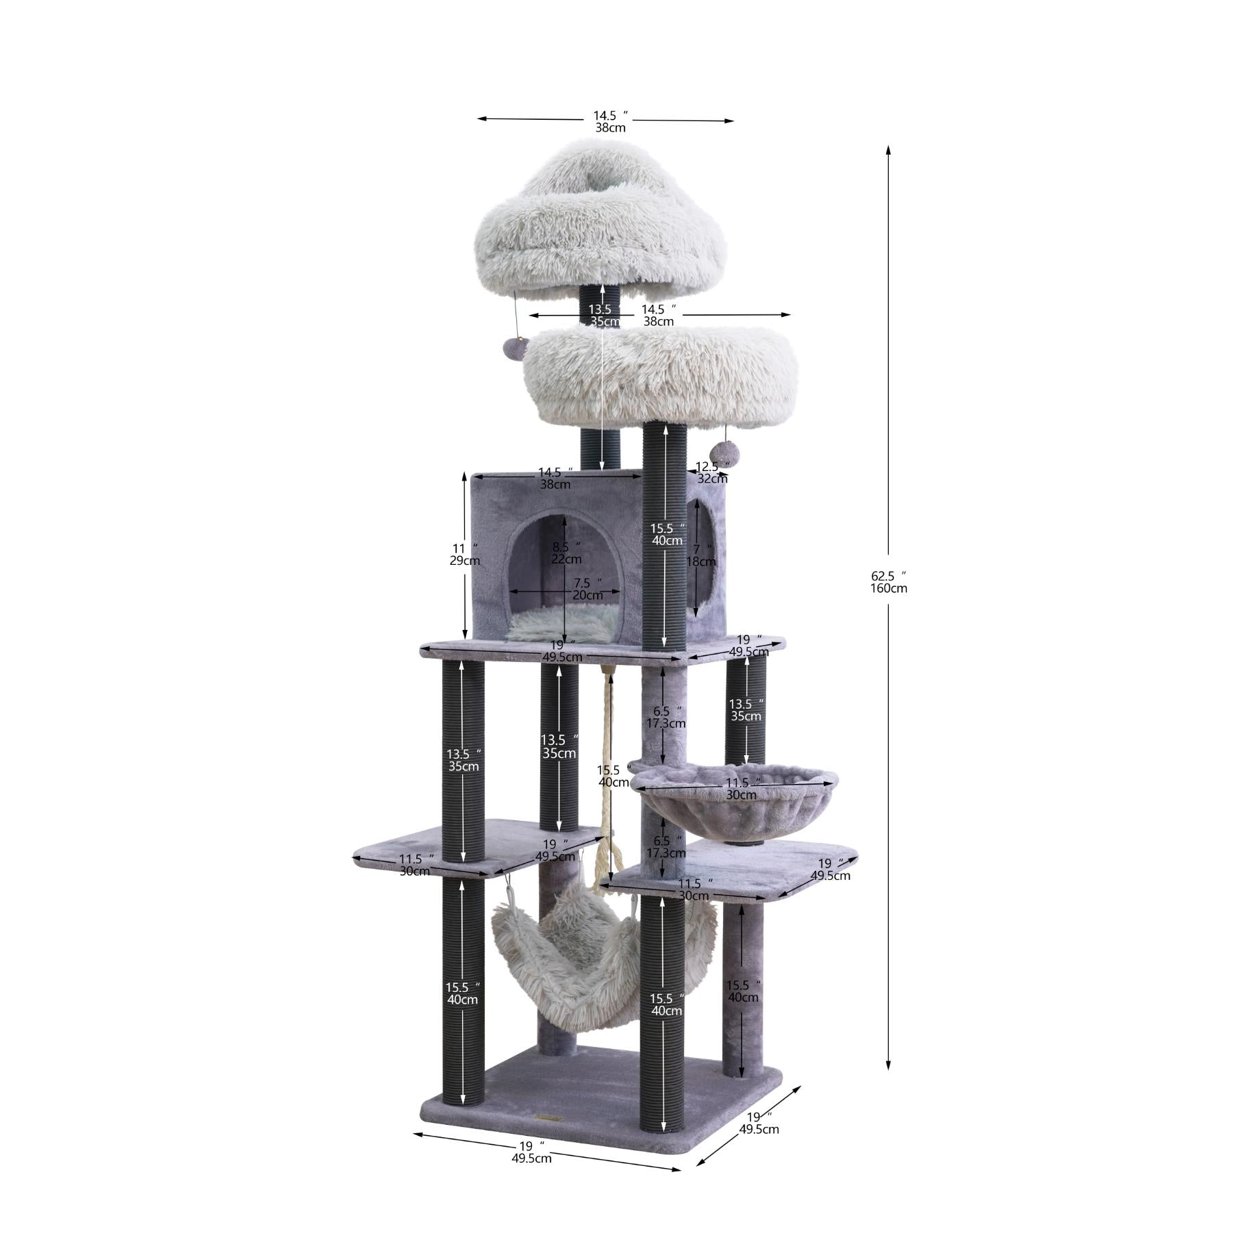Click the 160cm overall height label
pyautogui.click(x=889, y=588)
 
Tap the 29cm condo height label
pyautogui.click(x=464, y=561)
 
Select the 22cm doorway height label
pyautogui.click(x=566, y=559)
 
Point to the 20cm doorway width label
pyautogui.click(x=587, y=595)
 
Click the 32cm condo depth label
pyautogui.click(x=713, y=479)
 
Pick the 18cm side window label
pyautogui.click(x=702, y=561)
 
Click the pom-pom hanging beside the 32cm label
pyautogui.click(x=723, y=452)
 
